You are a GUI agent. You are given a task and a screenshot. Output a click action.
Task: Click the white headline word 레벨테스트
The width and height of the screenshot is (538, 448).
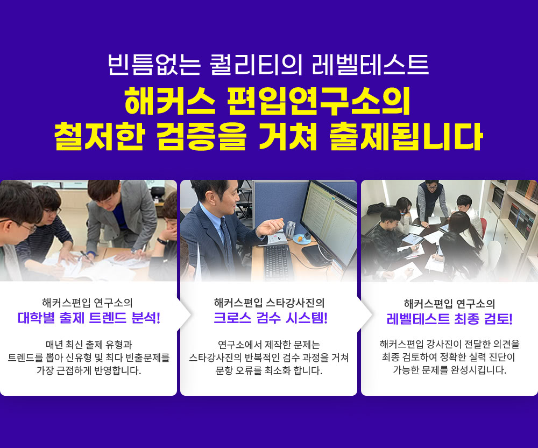pos(370,65)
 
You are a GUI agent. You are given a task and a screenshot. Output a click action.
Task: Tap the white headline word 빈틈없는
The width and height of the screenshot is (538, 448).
pos(154,65)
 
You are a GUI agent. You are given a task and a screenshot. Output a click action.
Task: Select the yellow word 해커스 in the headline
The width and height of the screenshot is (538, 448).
pos(170,101)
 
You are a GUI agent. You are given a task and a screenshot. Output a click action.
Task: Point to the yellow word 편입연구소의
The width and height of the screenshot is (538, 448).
pos(318,101)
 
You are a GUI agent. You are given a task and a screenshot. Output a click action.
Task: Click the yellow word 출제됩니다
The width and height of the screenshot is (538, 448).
pos(406,137)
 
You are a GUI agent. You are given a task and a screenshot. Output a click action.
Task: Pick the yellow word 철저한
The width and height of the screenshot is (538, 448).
pos(99,137)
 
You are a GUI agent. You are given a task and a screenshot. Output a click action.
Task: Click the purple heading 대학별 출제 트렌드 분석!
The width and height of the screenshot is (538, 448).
pos(89,318)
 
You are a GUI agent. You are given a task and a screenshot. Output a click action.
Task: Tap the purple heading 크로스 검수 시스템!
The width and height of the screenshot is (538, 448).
pos(271,318)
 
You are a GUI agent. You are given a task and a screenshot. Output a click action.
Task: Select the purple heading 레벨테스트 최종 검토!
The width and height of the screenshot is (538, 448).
pos(449,319)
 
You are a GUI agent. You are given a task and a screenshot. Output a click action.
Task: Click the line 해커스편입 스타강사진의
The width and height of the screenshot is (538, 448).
pos(269,303)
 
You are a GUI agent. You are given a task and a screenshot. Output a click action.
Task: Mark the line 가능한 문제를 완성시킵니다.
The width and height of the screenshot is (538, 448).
pos(449,370)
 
